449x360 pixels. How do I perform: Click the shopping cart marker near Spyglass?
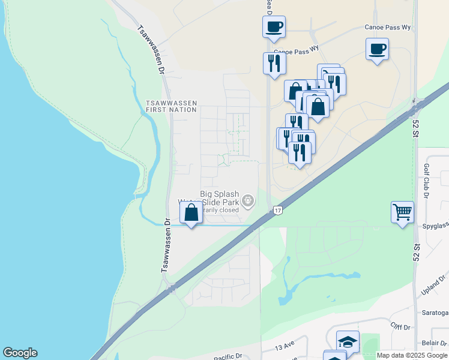(402, 212)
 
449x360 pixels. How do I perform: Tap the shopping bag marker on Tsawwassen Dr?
(191, 213)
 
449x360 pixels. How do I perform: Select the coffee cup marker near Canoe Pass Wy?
(377, 49)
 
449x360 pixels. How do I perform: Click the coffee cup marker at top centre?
(274, 27)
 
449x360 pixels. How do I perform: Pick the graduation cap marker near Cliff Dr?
(348, 342)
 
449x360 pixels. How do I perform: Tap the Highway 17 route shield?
(277, 210)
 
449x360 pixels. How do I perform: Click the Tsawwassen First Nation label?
(171, 106)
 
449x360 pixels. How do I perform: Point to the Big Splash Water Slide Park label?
(219, 199)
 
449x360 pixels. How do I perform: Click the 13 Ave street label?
(286, 347)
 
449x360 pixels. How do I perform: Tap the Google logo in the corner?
(20, 353)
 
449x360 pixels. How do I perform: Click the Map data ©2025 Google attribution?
(412, 355)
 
